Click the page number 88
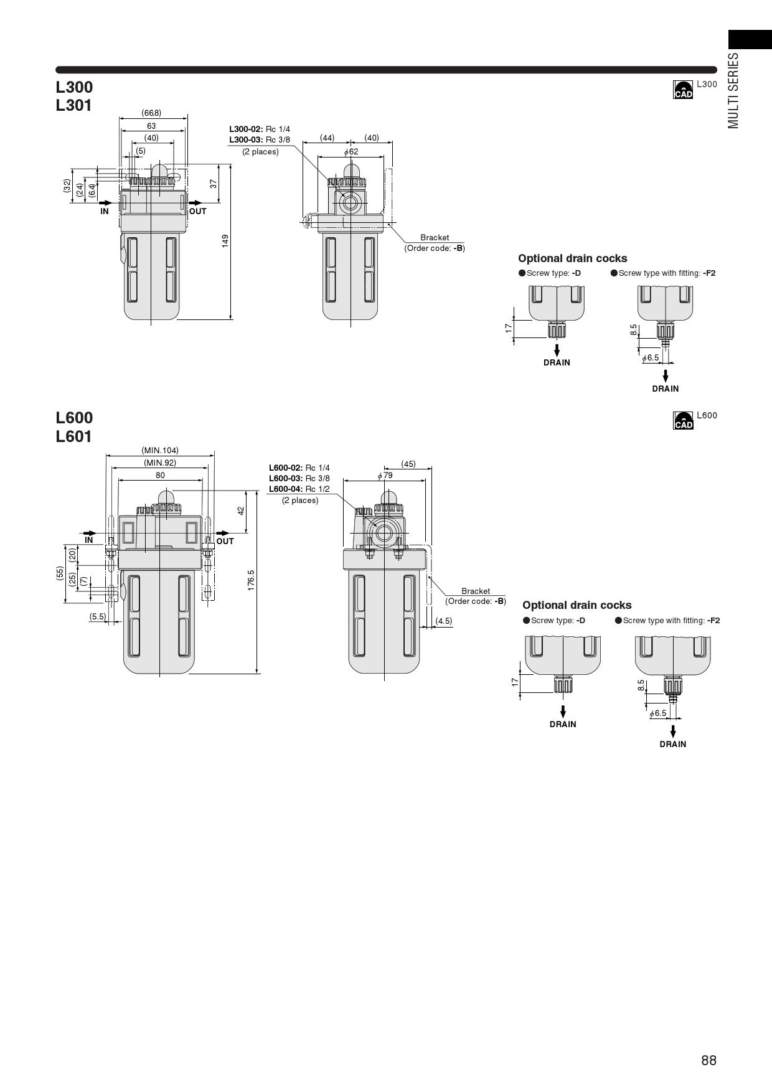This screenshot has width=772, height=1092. (x=708, y=1060)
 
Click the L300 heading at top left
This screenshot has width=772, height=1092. (x=74, y=87)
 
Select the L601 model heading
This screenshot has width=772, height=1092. (x=74, y=436)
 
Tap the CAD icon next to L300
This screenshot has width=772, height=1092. (x=683, y=90)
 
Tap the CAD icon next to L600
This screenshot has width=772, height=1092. (x=683, y=421)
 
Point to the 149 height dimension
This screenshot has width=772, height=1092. (x=225, y=240)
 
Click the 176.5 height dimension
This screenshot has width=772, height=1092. (x=251, y=580)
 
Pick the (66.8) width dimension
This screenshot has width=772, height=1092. (x=151, y=113)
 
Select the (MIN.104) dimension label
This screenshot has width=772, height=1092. (x=160, y=450)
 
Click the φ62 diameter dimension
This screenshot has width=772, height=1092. (x=351, y=151)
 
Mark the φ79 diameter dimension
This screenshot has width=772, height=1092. (x=385, y=475)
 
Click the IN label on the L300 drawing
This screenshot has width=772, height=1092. (x=105, y=211)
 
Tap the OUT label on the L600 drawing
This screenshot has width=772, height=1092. (x=225, y=541)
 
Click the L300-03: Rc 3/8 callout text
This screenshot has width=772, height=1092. (x=260, y=139)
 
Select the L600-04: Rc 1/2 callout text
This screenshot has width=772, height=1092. (x=299, y=489)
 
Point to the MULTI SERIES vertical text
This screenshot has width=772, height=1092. (x=734, y=90)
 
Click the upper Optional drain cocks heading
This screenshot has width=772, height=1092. (x=572, y=258)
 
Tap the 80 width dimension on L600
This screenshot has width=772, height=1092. (x=160, y=475)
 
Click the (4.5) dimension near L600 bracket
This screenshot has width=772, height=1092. (x=444, y=621)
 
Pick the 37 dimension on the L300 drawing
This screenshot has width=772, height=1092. (x=214, y=184)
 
